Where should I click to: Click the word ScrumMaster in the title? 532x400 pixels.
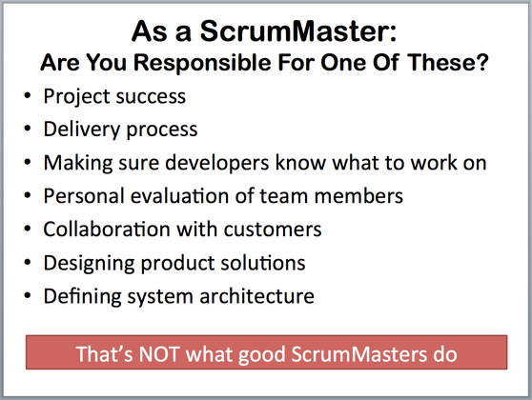(298, 31)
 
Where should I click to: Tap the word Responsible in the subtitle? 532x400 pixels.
(202, 63)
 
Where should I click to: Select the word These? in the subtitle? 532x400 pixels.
(448, 62)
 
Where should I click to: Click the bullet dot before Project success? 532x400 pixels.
(28, 95)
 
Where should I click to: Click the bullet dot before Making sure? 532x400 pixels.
(28, 162)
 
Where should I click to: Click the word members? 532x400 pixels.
(358, 196)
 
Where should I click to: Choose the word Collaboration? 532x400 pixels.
(107, 230)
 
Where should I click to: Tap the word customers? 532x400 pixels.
(273, 230)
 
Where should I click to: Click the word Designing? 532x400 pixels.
(90, 264)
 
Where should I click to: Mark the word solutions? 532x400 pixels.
(263, 263)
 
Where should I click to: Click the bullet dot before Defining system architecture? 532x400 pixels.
(28, 295)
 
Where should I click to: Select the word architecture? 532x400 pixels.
(256, 296)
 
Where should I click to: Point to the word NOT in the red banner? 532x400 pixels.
(159, 354)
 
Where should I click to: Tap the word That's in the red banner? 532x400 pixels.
(104, 354)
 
